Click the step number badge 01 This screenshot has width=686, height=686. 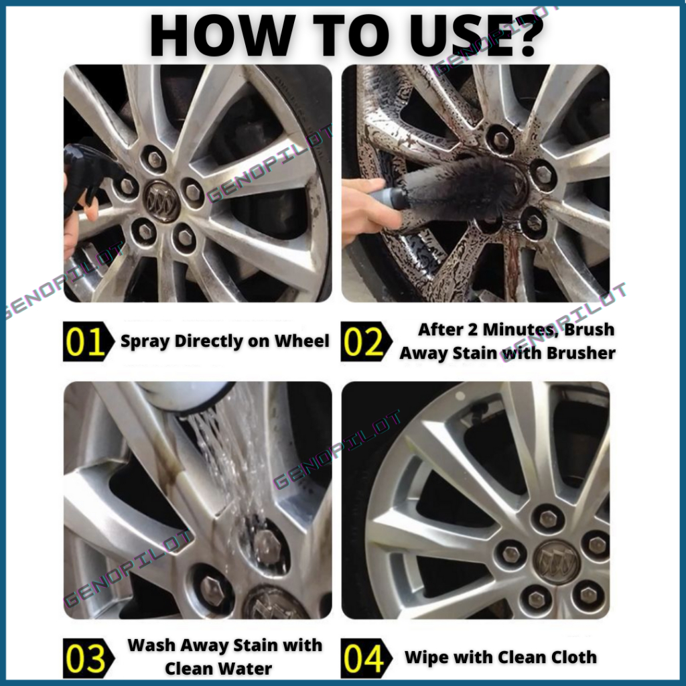tap(88, 342)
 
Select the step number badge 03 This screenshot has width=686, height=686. tap(88, 659)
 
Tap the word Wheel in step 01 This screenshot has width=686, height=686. tap(302, 341)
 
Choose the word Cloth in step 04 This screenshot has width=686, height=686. tap(572, 657)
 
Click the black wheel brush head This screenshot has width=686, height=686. tap(464, 186)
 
